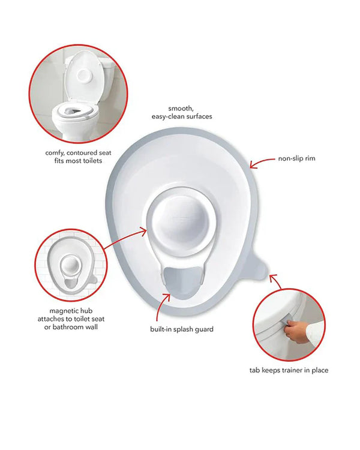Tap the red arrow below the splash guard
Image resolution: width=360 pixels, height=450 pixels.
(163, 307)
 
